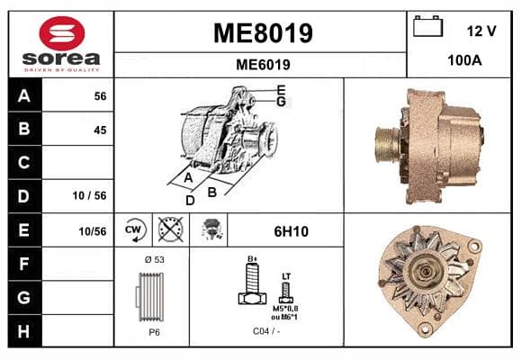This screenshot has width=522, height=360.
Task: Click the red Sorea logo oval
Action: [x=61, y=33]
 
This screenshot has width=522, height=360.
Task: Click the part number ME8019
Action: [x=263, y=33]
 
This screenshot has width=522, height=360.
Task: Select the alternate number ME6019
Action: [x=263, y=65]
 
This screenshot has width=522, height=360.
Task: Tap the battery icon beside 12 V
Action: [x=427, y=26]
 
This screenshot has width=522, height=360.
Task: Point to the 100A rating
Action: [x=464, y=60]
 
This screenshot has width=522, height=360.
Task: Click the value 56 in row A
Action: [x=100, y=96]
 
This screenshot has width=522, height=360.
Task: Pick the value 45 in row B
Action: [x=100, y=130]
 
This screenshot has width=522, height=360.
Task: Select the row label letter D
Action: [x=24, y=196]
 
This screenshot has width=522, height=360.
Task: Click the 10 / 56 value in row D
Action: [x=90, y=195]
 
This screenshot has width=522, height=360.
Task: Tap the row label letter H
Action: [x=24, y=331]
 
